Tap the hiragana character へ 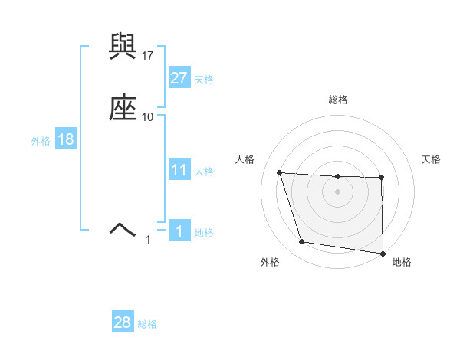click(123, 227)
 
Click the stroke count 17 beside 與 click(148, 56)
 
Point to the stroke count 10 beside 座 click(148, 116)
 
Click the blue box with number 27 click(179, 78)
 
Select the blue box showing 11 click(179, 170)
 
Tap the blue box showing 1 click(179, 231)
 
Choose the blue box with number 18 click(65, 139)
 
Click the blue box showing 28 click(122, 323)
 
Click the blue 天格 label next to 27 click(204, 80)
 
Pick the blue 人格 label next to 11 click(204, 172)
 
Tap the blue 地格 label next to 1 click(204, 233)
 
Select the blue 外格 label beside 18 click(41, 141)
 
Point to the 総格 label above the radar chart click(337, 100)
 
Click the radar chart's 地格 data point click(383, 253)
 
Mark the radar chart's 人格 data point click(280, 172)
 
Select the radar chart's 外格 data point click(302, 242)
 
